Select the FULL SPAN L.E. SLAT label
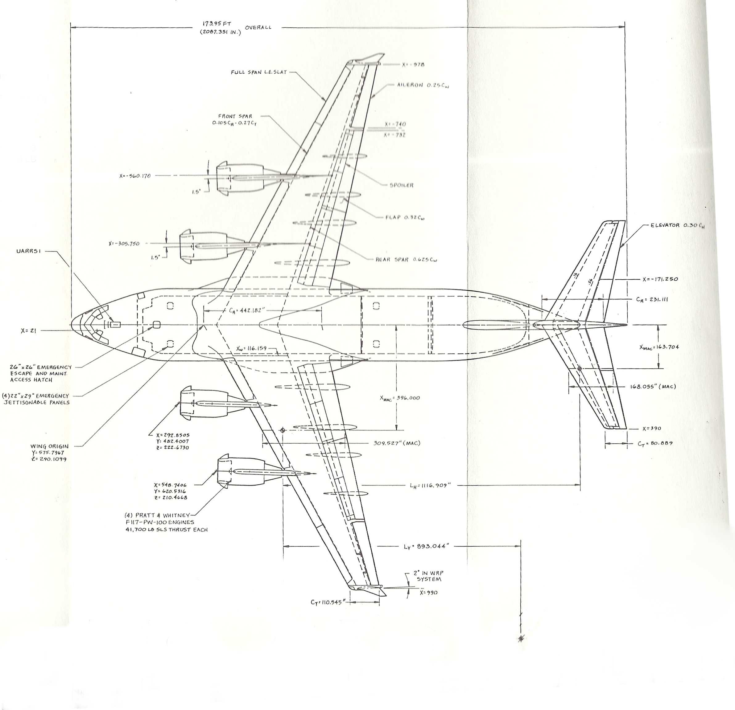259,72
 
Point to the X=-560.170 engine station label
135,176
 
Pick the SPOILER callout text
401,185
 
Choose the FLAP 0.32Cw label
405,217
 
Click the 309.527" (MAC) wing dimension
397,443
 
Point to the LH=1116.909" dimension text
429,486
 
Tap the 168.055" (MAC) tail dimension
653,387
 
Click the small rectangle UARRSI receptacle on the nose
116,324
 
